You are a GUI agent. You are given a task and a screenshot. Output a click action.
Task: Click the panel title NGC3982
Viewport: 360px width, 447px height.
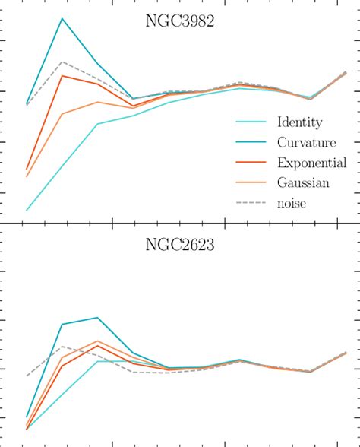pyautogui.click(x=181, y=22)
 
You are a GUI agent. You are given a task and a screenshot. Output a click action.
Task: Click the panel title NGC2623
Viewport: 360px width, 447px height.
pyautogui.click(x=181, y=246)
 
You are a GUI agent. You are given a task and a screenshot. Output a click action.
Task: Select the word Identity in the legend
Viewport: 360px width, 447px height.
pyautogui.click(x=300, y=122)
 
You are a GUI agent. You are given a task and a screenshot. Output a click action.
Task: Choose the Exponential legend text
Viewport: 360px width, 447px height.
pyautogui.click(x=312, y=163)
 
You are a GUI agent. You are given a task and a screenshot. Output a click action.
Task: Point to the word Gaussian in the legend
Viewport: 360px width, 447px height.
pyautogui.click(x=303, y=182)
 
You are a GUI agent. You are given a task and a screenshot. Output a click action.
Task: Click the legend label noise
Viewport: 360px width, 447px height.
pyautogui.click(x=292, y=203)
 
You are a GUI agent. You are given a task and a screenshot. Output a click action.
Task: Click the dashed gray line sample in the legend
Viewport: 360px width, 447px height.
pyautogui.click(x=250, y=203)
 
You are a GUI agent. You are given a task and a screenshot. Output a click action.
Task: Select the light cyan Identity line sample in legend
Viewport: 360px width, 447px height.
pyautogui.click(x=250, y=122)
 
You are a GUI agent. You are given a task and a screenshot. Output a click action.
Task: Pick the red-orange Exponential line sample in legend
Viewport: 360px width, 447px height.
pyautogui.click(x=250, y=163)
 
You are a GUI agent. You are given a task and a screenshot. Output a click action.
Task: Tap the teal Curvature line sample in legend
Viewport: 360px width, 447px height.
pyautogui.click(x=250, y=142)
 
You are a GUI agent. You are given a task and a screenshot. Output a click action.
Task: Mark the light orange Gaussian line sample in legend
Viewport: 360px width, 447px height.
pyautogui.click(x=250, y=182)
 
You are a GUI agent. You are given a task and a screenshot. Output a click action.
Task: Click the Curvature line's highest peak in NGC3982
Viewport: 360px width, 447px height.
pyautogui.click(x=62, y=18)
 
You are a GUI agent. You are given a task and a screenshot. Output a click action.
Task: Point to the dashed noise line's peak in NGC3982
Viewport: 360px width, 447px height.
pyautogui.click(x=62, y=62)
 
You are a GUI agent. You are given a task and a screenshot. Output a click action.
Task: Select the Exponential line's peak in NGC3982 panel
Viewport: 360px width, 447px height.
pyautogui.click(x=62, y=75)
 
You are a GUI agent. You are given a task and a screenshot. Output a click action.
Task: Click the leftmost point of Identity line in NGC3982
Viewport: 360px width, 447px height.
pyautogui.click(x=27, y=210)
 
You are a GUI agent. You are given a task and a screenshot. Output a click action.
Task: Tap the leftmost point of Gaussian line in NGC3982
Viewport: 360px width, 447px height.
pyautogui.click(x=27, y=177)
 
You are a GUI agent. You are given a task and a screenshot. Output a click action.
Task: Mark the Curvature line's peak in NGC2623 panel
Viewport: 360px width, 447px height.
pyautogui.click(x=97, y=318)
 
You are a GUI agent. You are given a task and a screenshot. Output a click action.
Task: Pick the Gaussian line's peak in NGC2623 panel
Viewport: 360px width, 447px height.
pyautogui.click(x=97, y=341)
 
